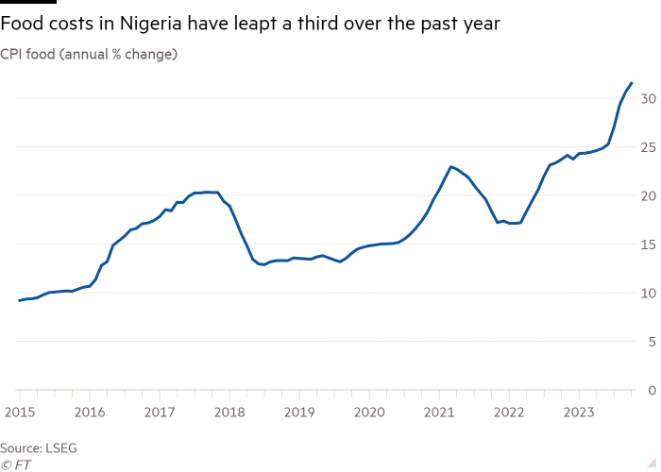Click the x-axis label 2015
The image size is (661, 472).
click(19, 412)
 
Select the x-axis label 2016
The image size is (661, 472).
click(90, 412)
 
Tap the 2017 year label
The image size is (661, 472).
click(160, 412)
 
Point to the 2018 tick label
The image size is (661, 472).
click(229, 412)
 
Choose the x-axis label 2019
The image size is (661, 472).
click(299, 412)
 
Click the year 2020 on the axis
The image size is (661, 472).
click(369, 412)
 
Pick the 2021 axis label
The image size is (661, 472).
click(439, 412)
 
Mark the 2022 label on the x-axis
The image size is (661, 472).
click(509, 412)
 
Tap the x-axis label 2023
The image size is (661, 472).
click(579, 412)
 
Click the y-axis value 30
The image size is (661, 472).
click(649, 98)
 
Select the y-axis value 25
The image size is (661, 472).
click(649, 147)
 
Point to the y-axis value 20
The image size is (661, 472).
click(649, 195)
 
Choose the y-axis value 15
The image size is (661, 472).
click(649, 244)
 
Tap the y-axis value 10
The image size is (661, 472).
click(649, 293)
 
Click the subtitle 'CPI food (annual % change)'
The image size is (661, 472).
click(89, 55)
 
